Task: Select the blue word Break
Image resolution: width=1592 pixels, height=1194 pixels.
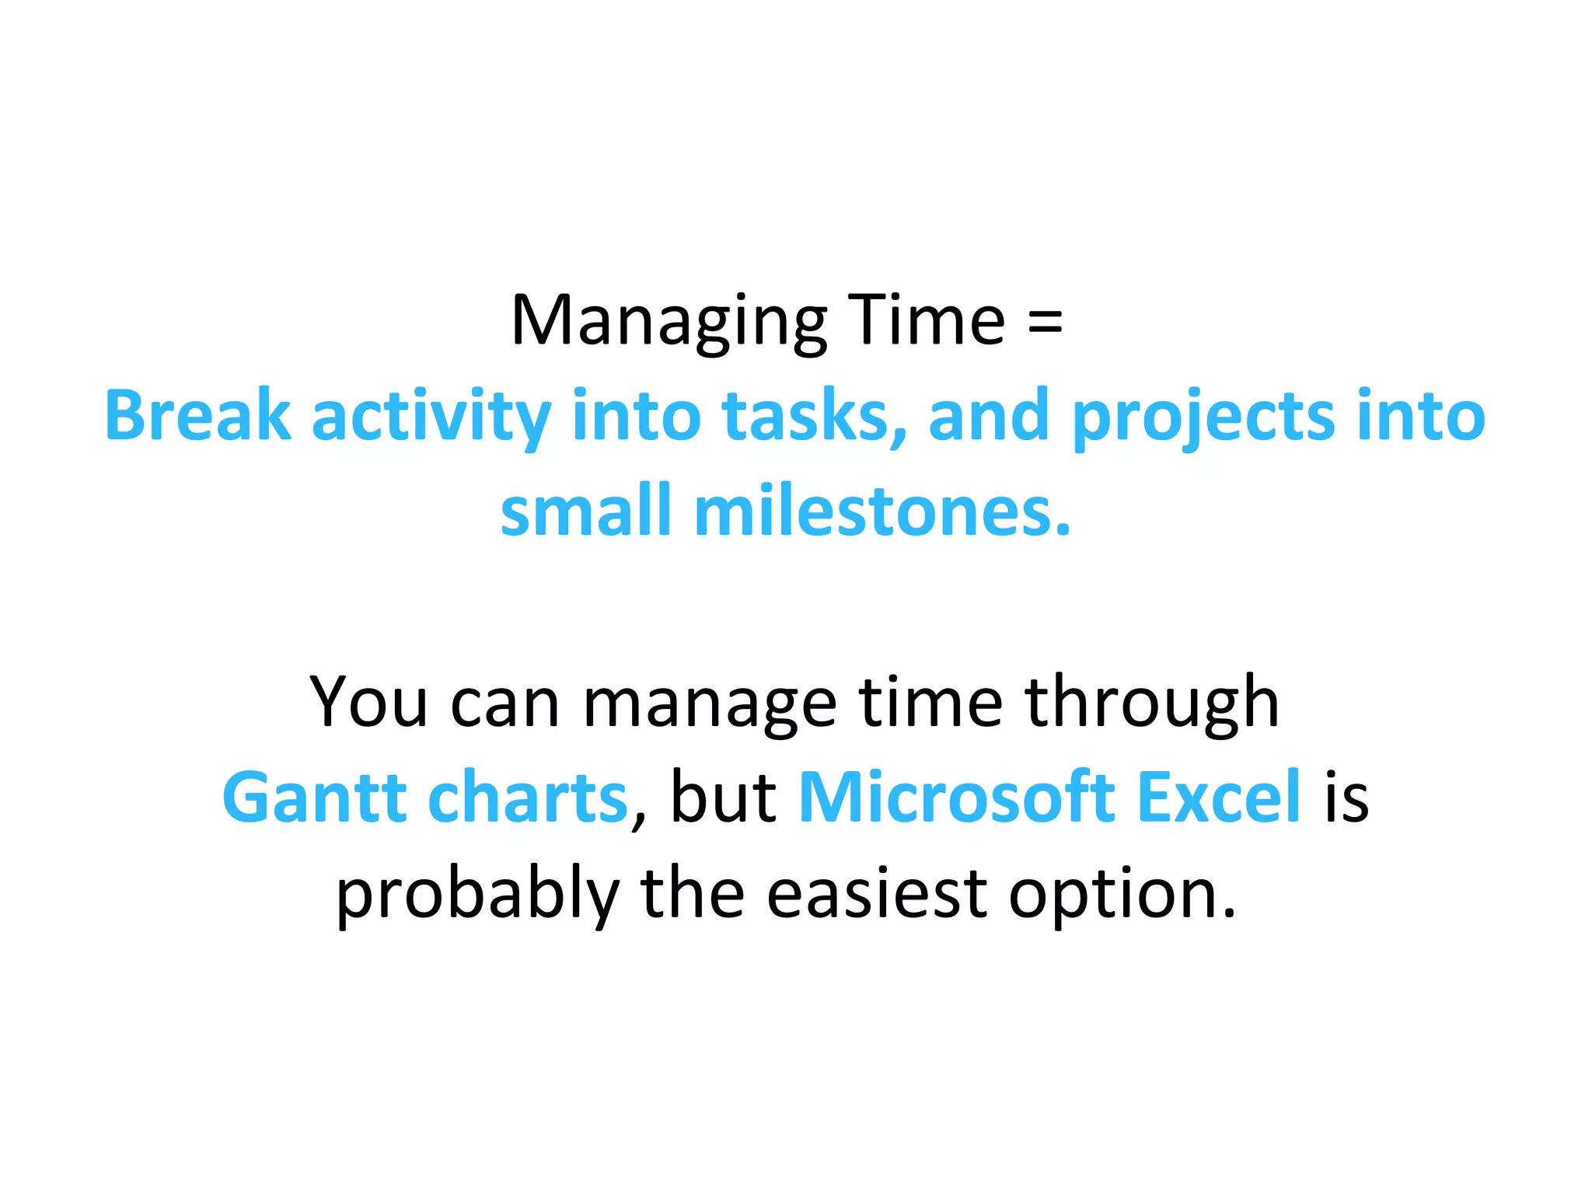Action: click(197, 416)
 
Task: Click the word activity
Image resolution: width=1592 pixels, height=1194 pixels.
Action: click(431, 416)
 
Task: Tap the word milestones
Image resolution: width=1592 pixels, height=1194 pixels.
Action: click(882, 511)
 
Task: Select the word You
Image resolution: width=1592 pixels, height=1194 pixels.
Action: click(368, 702)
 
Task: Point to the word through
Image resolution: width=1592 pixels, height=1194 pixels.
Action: click(1151, 702)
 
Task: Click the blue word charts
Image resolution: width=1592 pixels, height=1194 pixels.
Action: click(528, 797)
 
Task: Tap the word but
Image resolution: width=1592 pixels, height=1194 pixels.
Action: click(723, 797)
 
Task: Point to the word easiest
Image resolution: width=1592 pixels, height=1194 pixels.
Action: click(877, 894)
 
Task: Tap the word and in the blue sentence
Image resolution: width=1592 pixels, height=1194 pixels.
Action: click(987, 416)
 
